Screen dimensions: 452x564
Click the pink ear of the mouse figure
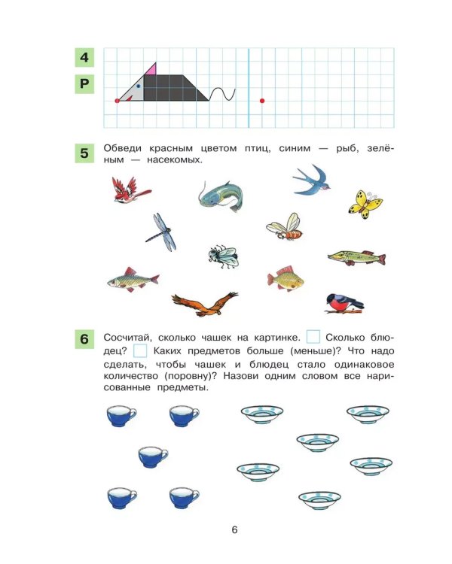pos(152,70)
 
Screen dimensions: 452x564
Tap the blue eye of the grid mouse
pos(138,86)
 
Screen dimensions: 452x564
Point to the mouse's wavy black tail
pos(222,94)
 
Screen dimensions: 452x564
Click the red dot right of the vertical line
pos(262,101)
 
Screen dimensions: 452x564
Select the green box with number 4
pos(84,57)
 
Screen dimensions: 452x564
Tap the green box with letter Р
pos(84,83)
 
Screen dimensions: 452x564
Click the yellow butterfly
pos(365,205)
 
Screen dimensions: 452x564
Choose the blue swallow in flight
pos(312,180)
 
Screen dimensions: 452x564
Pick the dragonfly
pos(162,232)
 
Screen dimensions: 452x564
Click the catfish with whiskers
pos(221,196)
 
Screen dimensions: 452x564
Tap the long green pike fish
pos(356,257)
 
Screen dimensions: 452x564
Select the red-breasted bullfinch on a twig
pos(344,304)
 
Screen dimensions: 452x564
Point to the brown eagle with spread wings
pos(205,305)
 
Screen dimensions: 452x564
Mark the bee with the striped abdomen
pos(285,227)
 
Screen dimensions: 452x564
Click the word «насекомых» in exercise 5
pos(175,159)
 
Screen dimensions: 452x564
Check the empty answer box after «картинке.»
pos(313,337)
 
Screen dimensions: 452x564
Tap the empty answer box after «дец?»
pos(140,350)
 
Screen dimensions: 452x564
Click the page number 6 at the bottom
pos(234,530)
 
